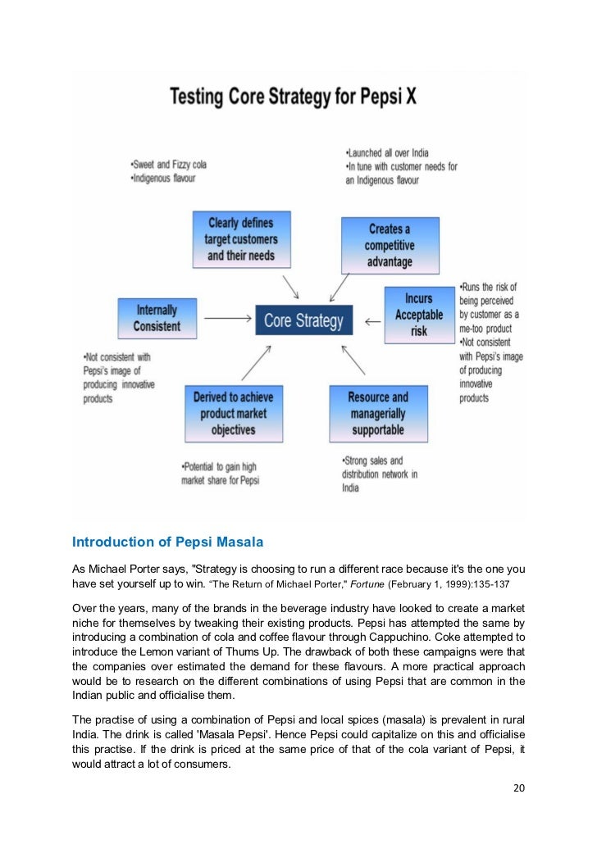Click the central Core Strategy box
[x=303, y=320]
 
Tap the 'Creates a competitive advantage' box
[x=390, y=245]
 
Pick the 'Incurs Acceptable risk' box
[x=418, y=315]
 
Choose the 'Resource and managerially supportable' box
[x=378, y=413]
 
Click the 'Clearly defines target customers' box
[x=242, y=239]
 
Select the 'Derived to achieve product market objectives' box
[x=233, y=413]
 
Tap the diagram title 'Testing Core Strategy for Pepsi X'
[x=293, y=97]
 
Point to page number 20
[x=517, y=788]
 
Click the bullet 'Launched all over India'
[x=389, y=153]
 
